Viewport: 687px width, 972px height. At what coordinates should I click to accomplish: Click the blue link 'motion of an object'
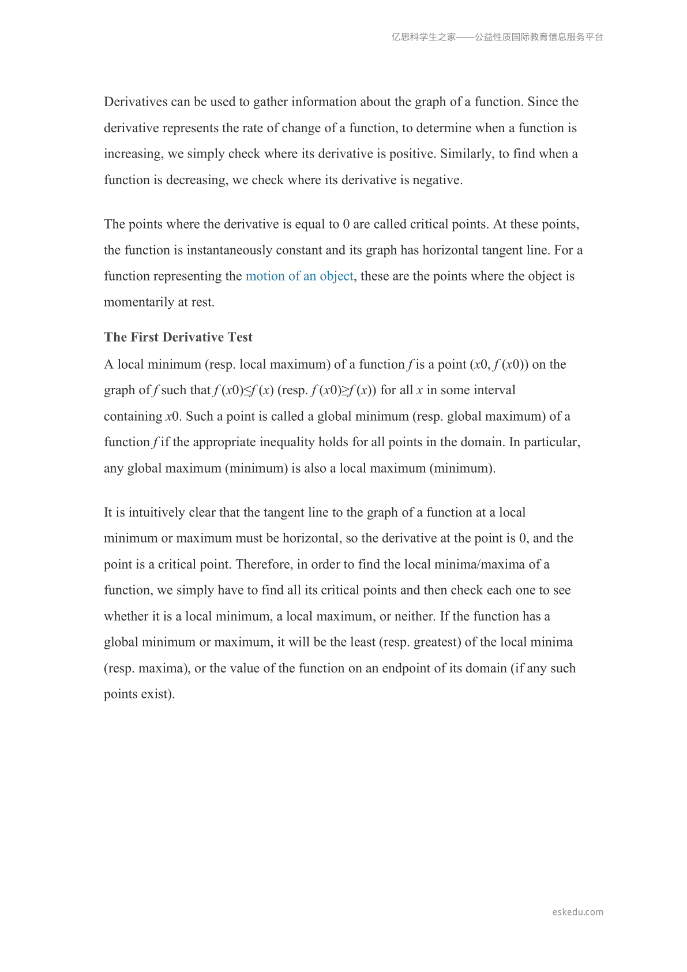[x=299, y=276]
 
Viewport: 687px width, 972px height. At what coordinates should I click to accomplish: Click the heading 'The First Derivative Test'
[x=178, y=337]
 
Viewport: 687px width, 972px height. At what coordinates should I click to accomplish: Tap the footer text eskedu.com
[x=577, y=912]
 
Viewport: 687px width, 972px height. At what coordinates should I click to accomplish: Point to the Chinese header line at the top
[x=497, y=37]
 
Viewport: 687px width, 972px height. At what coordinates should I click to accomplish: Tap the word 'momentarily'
[x=138, y=302]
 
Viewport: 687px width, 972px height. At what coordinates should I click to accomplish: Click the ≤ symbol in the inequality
[x=248, y=390]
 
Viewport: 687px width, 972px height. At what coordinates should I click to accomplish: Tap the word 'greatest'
[x=437, y=642]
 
